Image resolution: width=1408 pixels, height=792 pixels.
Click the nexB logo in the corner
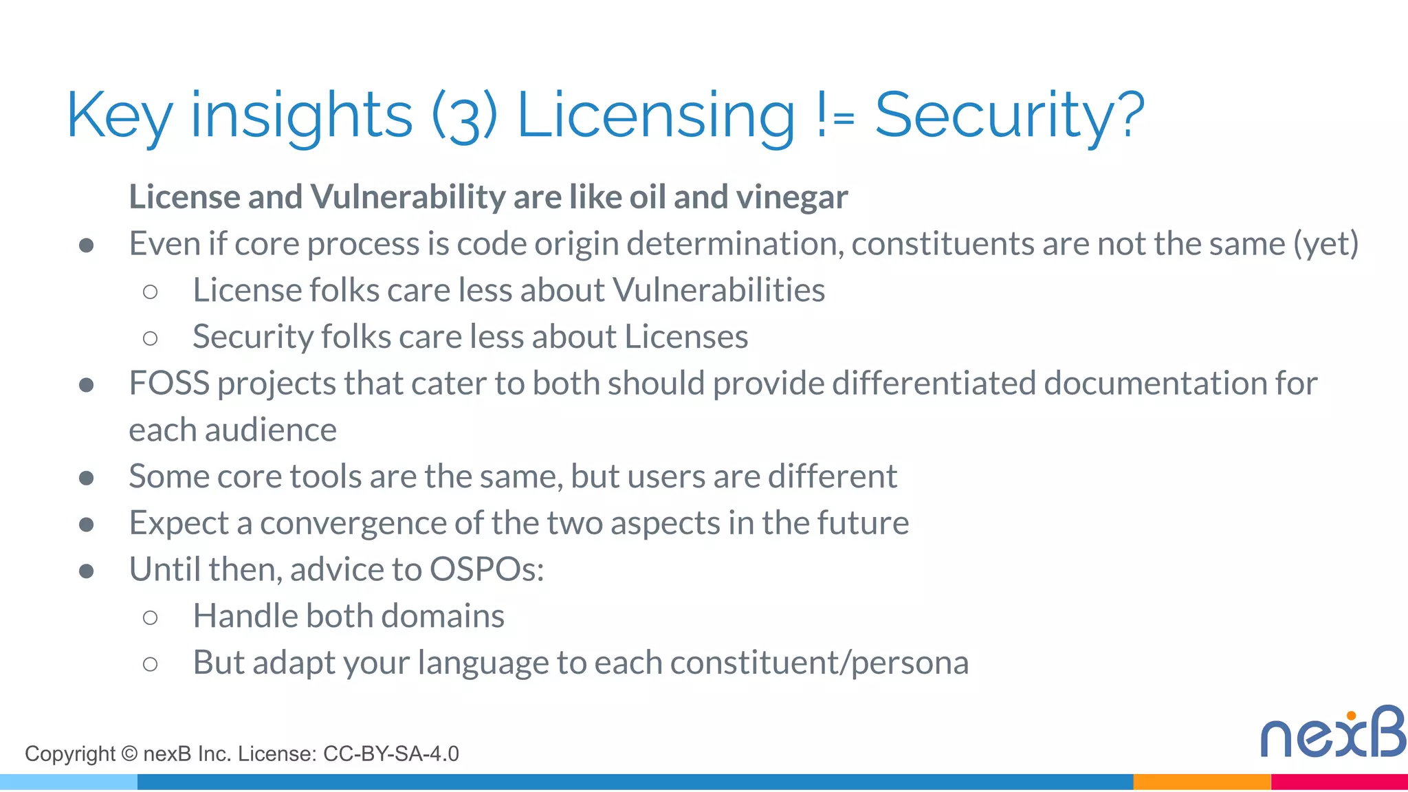[x=1332, y=733]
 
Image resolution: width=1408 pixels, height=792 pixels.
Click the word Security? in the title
[x=1009, y=115]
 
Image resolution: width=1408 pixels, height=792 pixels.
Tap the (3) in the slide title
[x=464, y=115]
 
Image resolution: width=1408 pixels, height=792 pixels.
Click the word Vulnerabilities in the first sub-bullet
[x=718, y=290]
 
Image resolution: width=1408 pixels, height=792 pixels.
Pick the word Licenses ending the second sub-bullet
[x=686, y=337]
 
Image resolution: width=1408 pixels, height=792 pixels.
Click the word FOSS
[x=168, y=384]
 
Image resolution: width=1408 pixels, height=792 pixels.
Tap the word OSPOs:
[x=487, y=569]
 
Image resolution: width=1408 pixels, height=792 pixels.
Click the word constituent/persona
[x=819, y=663]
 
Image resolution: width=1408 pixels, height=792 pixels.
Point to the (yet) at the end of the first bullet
[x=1325, y=244]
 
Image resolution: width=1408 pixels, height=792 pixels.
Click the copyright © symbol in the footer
[x=129, y=754]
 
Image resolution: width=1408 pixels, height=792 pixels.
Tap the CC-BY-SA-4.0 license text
[x=390, y=754]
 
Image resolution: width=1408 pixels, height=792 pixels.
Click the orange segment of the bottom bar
[x=1202, y=782]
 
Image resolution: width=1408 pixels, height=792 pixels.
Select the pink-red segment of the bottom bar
[x=1339, y=782]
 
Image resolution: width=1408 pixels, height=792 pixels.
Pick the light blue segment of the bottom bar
[x=69, y=782]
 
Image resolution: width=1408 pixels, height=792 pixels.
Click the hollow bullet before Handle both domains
[x=151, y=617]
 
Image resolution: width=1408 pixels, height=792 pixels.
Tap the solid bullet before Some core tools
[x=87, y=478]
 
